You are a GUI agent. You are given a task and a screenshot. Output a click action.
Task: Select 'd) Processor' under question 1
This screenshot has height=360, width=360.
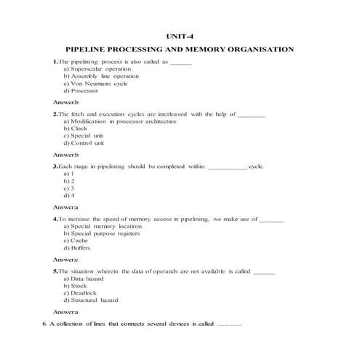pyautogui.click(x=81, y=91)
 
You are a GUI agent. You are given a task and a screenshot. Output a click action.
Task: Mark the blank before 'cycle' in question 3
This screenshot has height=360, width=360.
pyautogui.click(x=227, y=167)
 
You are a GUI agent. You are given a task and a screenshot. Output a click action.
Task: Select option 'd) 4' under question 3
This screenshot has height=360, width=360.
pyautogui.click(x=69, y=196)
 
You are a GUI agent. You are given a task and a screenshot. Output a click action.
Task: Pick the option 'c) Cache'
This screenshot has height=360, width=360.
pyautogui.click(x=76, y=241)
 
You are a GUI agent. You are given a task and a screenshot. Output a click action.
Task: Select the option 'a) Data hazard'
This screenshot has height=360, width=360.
pyautogui.click(x=84, y=279)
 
